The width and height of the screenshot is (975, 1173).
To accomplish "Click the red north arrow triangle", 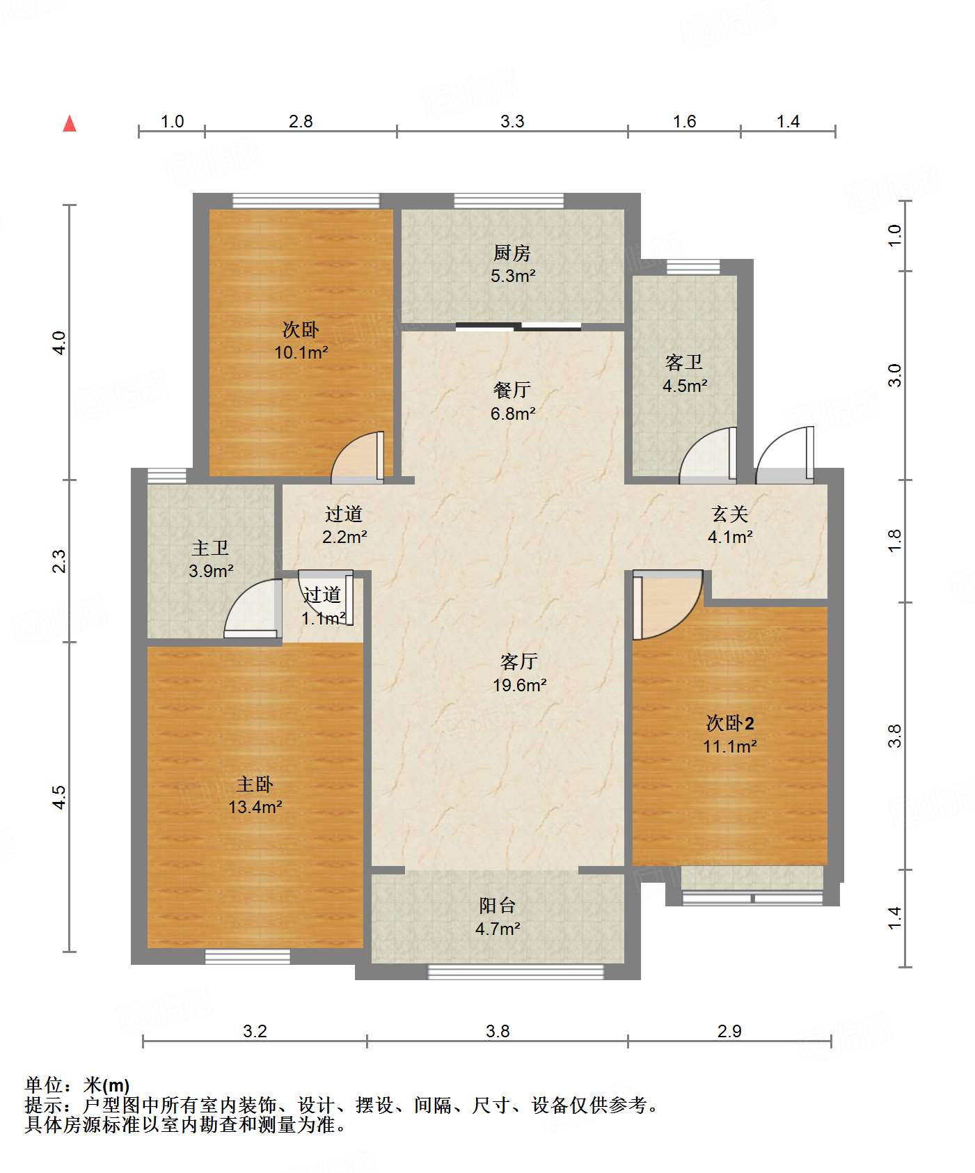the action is click(x=70, y=123).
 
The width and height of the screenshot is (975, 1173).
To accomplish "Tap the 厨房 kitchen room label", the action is click(x=512, y=253).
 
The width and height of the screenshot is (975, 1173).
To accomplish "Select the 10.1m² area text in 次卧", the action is click(x=301, y=352).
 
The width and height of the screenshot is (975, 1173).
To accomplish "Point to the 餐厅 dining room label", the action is click(x=512, y=390).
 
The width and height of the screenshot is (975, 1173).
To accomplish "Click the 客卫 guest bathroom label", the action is click(x=684, y=362).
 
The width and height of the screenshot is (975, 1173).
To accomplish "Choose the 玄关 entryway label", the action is click(x=730, y=514).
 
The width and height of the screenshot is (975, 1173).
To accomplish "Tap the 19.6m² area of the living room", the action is click(x=519, y=685).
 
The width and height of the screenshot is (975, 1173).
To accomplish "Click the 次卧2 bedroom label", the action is click(x=730, y=723).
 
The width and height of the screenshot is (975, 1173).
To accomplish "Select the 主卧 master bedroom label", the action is click(x=255, y=785).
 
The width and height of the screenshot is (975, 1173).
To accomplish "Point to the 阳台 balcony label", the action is click(x=498, y=905).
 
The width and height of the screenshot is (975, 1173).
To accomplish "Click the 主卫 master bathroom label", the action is click(x=210, y=548).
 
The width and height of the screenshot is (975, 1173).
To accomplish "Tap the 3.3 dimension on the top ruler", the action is click(x=512, y=121).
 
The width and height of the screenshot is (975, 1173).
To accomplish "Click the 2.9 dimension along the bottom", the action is click(x=729, y=1031).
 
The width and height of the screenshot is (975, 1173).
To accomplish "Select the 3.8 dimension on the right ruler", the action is click(x=894, y=736).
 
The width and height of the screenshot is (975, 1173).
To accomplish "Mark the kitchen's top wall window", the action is click(x=509, y=200).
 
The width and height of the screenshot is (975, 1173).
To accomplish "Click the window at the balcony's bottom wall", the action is click(x=516, y=972).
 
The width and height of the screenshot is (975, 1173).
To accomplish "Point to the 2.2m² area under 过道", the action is click(x=344, y=537).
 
